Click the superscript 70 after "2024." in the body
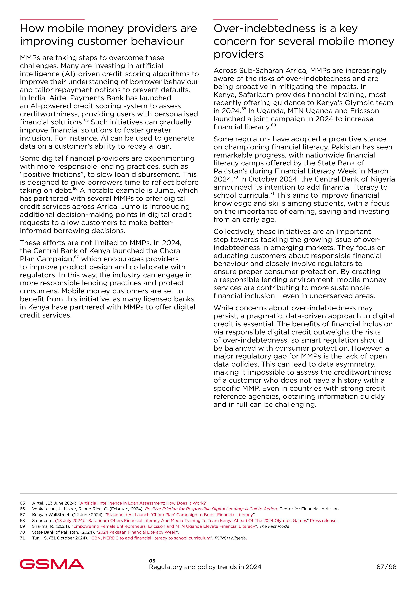click(x=235, y=177)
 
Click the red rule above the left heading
click(x=52, y=19)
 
